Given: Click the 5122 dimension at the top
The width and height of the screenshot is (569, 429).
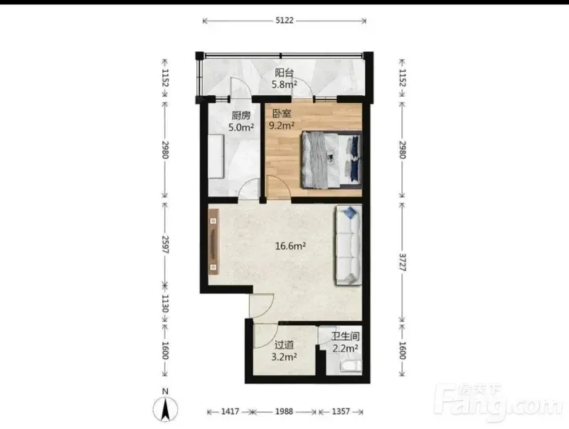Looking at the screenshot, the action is coord(284,21).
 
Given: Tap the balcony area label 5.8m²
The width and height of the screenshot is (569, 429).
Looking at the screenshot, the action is coord(284,85).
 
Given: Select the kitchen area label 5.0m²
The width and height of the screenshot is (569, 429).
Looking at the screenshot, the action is coord(241,127).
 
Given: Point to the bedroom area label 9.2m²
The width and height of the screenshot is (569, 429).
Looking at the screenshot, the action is coord(281,126).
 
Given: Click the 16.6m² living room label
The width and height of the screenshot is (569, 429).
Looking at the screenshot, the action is coord(290,246).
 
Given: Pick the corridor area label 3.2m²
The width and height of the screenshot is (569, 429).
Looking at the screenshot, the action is coord(284,356).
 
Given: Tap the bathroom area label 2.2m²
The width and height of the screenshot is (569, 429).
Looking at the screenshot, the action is coord(346,349).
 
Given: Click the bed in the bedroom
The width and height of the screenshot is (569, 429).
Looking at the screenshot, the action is coord(331,160).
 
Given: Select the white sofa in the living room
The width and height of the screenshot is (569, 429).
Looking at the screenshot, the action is coord(349,245).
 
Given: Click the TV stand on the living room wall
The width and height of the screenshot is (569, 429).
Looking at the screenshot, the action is coord(213,241).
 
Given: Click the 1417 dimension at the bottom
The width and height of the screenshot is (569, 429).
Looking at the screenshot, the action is coord(230,411).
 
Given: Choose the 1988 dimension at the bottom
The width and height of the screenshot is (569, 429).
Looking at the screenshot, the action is coord(284,411).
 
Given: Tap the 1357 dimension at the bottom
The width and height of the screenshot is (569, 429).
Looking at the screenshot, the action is coord(341,411).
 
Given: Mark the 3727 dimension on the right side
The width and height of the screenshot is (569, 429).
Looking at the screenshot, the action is coord(403,262).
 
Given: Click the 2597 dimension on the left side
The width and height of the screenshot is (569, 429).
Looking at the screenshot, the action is coord(165,244).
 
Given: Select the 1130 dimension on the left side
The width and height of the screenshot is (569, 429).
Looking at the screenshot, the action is coord(165,303).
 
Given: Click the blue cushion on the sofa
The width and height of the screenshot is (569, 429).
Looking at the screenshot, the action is coord(351,212).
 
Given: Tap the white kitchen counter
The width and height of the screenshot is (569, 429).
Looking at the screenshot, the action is coord(216,156).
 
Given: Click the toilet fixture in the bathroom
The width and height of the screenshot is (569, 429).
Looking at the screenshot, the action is coord(351,366).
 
